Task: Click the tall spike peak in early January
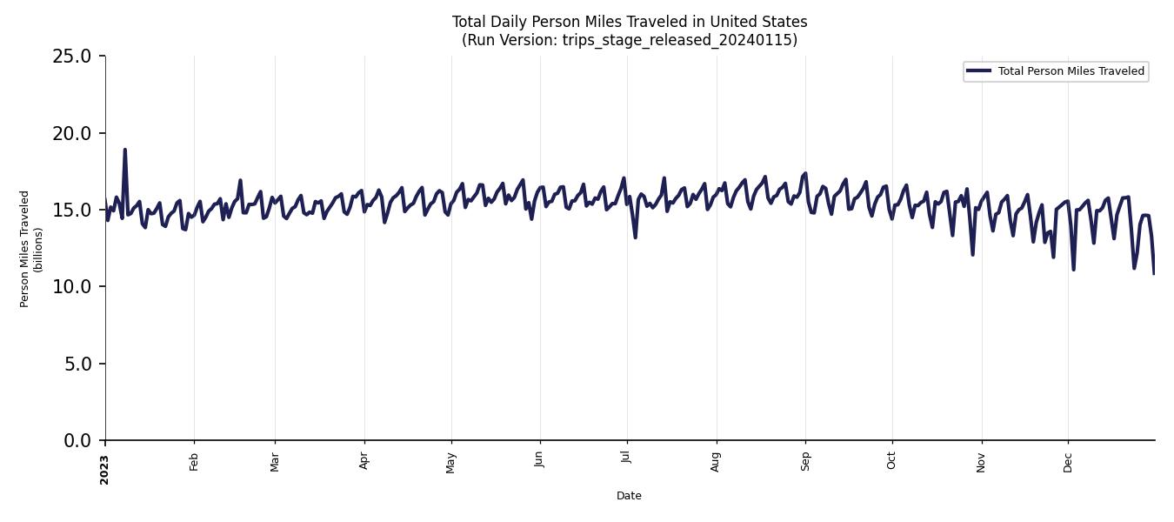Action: tap(124, 150)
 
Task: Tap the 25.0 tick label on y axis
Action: tap(71, 57)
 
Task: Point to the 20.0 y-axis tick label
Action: tap(71, 133)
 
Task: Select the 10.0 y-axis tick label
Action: tap(71, 287)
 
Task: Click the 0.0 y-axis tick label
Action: tap(77, 441)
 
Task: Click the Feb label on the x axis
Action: tap(194, 462)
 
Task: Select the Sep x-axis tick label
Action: tap(805, 461)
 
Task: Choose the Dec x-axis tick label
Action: tap(1068, 462)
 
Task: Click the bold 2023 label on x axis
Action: tap(104, 469)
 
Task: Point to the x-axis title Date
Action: tap(629, 496)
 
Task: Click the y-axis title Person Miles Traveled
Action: tap(24, 249)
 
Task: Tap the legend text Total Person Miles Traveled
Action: tap(1071, 71)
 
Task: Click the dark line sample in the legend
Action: tap(978, 71)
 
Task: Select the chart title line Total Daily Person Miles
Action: tap(629, 22)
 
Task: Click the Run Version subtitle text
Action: tap(629, 40)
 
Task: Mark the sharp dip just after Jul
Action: tap(635, 237)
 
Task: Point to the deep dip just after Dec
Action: tap(1073, 269)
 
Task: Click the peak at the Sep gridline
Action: tap(805, 173)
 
